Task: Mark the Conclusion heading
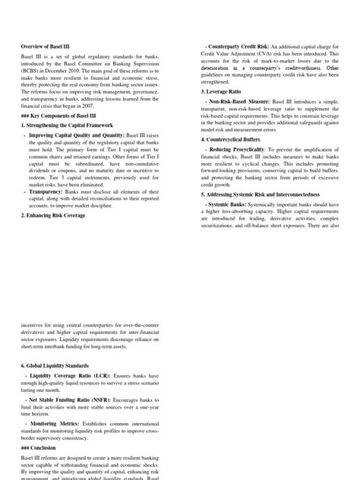(44, 447)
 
